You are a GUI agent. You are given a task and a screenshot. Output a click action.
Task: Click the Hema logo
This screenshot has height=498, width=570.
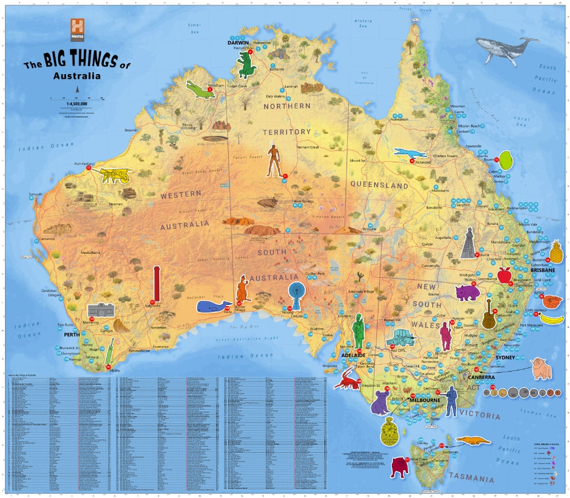[78, 30]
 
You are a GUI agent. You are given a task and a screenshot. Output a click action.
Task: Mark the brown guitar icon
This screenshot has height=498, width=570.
[489, 314]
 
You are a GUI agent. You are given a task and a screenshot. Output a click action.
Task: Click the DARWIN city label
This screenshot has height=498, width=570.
[237, 43]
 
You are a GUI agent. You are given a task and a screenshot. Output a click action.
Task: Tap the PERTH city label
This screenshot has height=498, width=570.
[71, 335]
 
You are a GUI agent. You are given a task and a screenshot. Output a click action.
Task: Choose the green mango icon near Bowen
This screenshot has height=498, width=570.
[506, 159]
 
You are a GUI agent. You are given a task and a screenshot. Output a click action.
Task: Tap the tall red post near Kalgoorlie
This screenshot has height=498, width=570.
[156, 284]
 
